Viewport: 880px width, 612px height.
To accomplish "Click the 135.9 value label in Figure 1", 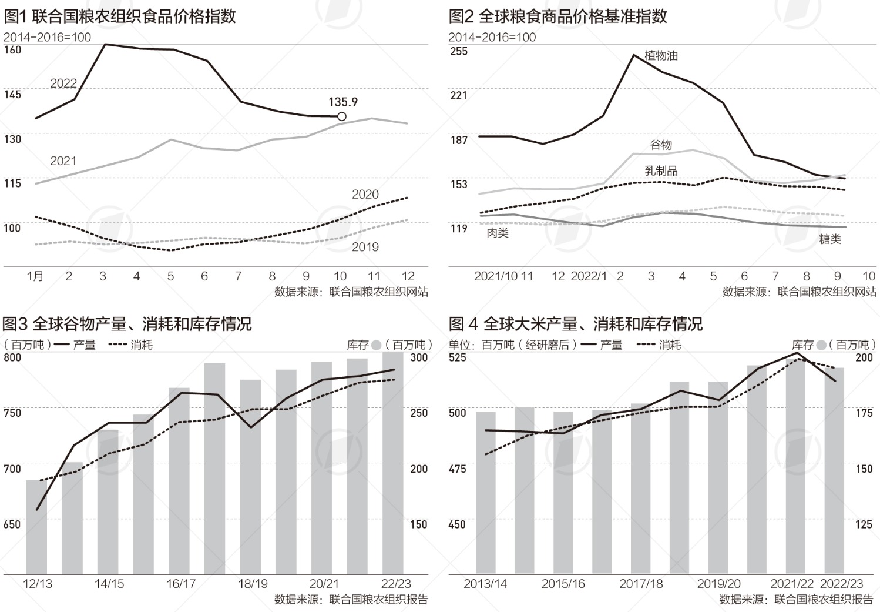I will [x=343, y=102].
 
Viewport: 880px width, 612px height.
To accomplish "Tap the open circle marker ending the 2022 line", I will [x=342, y=116].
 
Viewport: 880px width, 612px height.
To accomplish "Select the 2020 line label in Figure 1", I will [x=365, y=195].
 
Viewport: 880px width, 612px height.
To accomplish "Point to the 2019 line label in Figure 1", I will [x=365, y=247].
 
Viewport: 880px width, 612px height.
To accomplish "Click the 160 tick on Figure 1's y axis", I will [x=12, y=50].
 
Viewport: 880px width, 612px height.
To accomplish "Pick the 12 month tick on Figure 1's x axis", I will [x=408, y=276].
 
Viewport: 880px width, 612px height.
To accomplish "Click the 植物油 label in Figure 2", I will [x=661, y=56].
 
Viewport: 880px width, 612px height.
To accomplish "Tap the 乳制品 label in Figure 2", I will [x=661, y=170].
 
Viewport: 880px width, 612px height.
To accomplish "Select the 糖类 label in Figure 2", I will [x=830, y=239].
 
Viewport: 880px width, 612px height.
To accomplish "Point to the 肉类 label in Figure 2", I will [x=498, y=233].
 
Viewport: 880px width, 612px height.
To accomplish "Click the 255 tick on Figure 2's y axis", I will [x=459, y=51].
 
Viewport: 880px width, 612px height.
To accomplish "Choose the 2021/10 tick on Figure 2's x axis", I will [x=495, y=276].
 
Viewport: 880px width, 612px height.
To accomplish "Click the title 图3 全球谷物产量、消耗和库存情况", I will [x=127, y=323].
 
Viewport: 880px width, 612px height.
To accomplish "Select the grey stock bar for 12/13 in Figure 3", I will [x=36, y=527].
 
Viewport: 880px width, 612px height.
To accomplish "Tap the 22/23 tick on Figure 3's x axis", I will [x=396, y=584].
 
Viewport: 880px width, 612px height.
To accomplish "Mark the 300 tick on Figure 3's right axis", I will [x=419, y=357].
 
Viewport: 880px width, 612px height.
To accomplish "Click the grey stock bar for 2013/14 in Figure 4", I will [x=486, y=493].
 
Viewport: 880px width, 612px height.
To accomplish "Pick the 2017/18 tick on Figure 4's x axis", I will [x=641, y=584].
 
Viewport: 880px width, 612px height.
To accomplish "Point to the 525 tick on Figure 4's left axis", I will [x=458, y=357].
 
